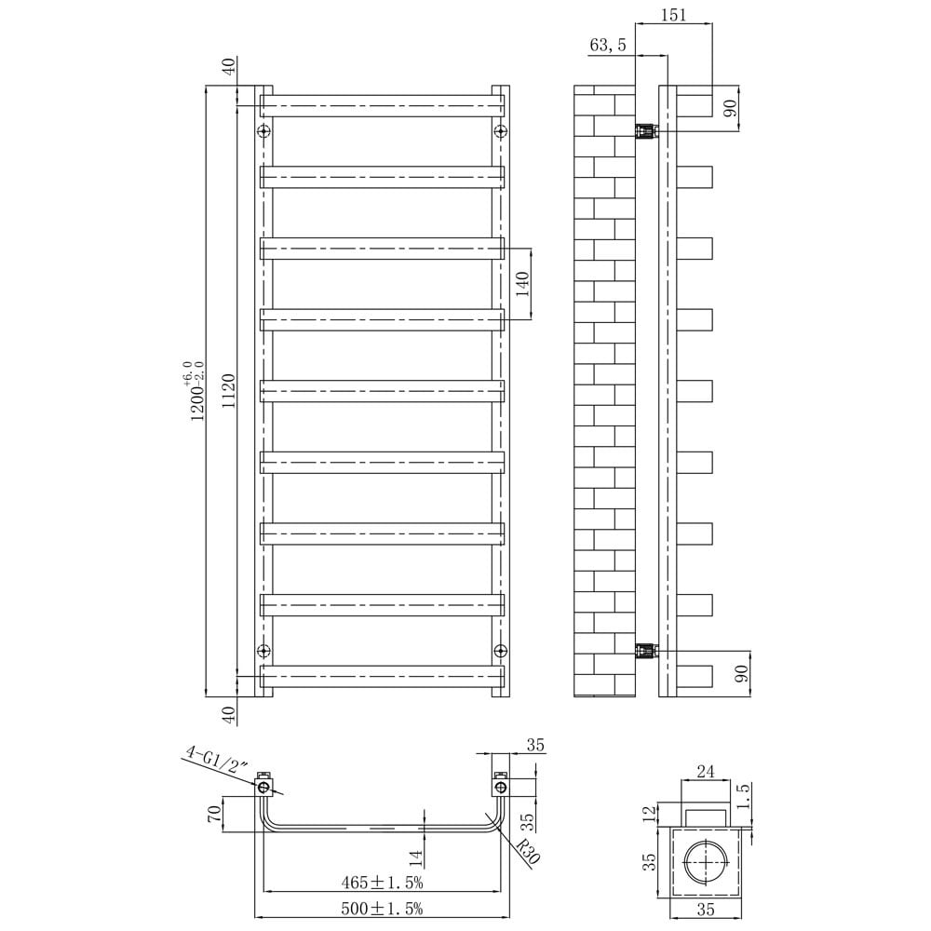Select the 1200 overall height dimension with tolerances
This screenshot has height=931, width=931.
[196, 392]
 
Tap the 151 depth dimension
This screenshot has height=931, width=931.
[675, 14]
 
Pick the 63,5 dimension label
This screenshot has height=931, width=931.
[608, 45]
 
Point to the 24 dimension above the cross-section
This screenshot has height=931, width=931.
[705, 771]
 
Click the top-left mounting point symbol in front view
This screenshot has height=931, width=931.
[263, 130]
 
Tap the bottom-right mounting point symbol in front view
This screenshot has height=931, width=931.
[501, 649]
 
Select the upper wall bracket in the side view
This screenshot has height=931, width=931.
[646, 130]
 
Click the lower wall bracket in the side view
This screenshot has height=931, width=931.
[646, 650]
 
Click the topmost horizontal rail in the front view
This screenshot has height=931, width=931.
[382, 104]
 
